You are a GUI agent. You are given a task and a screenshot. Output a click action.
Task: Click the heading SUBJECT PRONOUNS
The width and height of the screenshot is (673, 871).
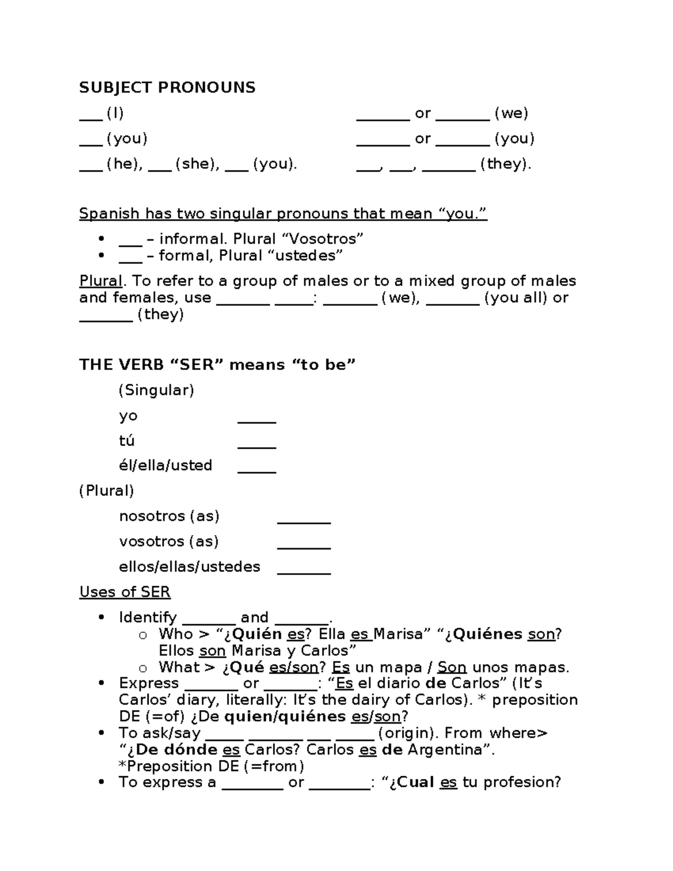tap(167, 87)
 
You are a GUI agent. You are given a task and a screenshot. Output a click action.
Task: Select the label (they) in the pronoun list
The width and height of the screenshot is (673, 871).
tap(505, 164)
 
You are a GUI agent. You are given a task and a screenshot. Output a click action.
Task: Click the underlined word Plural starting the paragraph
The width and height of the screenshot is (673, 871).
tap(101, 281)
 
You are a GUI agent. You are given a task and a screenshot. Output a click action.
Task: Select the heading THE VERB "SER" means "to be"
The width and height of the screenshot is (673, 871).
tap(218, 365)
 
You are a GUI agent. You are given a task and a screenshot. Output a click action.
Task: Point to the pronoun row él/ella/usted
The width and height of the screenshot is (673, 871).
tap(165, 466)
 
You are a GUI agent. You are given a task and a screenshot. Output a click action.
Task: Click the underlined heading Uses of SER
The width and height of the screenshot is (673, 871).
tap(125, 592)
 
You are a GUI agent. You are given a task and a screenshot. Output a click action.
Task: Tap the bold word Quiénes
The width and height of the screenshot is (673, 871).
tap(488, 634)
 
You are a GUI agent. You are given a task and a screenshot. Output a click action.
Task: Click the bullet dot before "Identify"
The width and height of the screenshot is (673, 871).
tap(102, 617)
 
